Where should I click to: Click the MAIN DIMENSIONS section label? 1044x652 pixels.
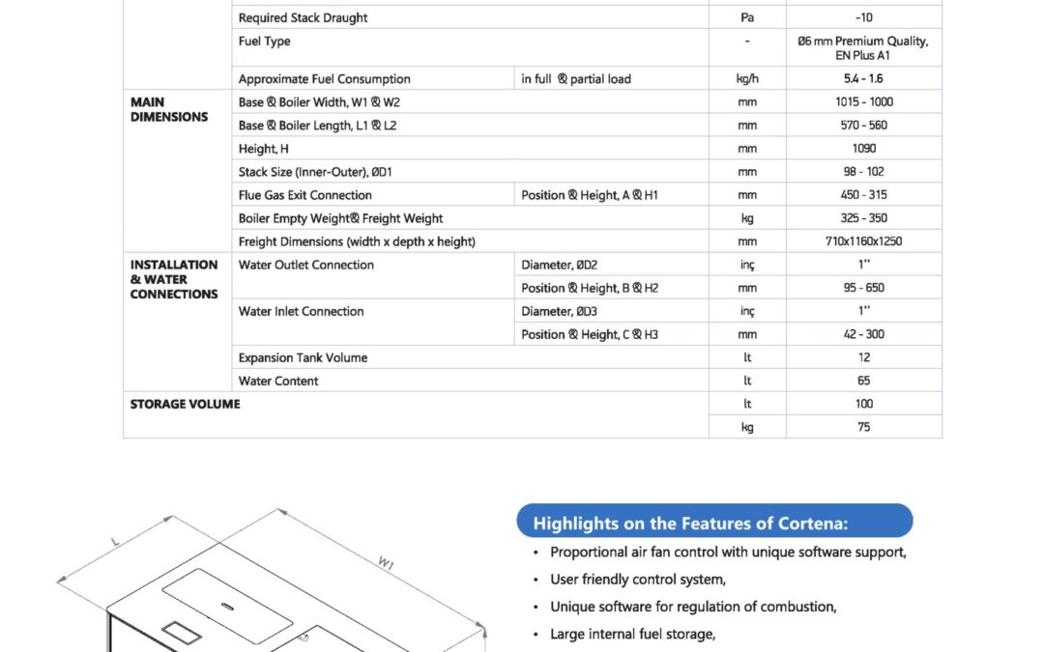169,109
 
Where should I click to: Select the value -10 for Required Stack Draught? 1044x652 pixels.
863,17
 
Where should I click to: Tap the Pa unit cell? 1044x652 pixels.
746,17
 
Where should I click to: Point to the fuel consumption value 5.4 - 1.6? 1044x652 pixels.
863,79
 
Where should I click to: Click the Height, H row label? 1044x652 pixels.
264,149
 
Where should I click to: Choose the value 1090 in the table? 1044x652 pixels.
863,149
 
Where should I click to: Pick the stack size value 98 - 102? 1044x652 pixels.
863,172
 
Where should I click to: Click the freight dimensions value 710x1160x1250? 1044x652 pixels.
863,241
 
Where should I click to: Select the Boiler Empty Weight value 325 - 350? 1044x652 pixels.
863,218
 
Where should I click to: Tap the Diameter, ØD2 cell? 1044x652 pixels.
560,265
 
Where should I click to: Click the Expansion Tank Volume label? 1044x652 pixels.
303,357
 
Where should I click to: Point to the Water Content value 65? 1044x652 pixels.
863,381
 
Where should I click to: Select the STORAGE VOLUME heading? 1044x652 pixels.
185,404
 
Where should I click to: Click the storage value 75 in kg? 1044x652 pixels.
863,427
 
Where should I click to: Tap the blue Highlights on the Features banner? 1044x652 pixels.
714,523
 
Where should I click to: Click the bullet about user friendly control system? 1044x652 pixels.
637,580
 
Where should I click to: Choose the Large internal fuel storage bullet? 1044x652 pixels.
632,634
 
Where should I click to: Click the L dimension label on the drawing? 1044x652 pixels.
115,543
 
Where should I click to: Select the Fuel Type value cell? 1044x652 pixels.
863,48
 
